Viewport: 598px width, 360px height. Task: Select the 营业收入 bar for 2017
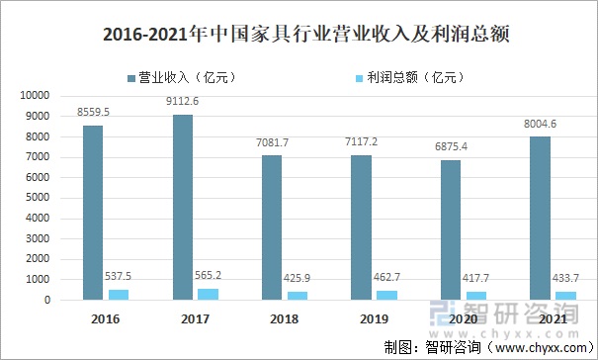[x=182, y=207]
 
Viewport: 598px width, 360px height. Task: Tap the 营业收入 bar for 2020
[x=450, y=229]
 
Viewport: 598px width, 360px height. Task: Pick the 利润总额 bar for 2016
[x=119, y=294]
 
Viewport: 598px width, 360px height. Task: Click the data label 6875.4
[x=452, y=146]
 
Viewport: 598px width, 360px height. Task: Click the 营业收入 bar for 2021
[x=539, y=218]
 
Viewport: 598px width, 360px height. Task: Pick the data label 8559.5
[x=96, y=112]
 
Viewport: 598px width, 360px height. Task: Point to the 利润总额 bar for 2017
[x=208, y=294]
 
